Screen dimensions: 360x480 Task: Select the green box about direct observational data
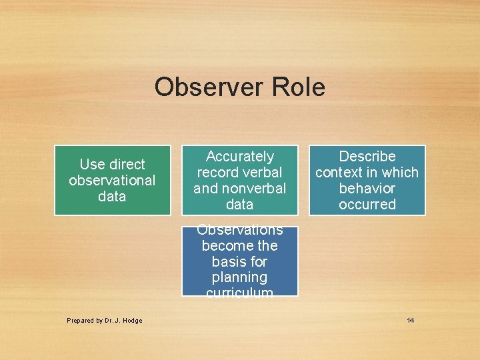coord(112,180)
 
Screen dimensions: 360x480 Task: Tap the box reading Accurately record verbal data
coord(240,180)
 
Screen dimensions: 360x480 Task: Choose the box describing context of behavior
coord(367,180)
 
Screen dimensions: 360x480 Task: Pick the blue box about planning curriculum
coord(240,261)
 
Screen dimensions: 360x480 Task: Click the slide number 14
coord(410,321)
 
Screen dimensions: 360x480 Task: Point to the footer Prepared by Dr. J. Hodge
coord(104,321)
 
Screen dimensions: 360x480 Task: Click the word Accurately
coord(240,157)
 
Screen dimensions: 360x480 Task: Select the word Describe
coord(367,157)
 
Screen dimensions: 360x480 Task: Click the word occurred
coord(367,205)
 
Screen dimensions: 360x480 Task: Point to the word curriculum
coord(240,292)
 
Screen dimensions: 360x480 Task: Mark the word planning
coord(240,277)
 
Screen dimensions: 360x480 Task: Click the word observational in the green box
coord(112,181)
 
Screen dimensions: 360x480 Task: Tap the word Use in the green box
coord(91,165)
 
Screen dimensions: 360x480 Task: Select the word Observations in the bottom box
coord(240,231)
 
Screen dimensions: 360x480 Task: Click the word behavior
coord(367,189)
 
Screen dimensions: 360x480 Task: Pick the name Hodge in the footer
coord(133,321)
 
